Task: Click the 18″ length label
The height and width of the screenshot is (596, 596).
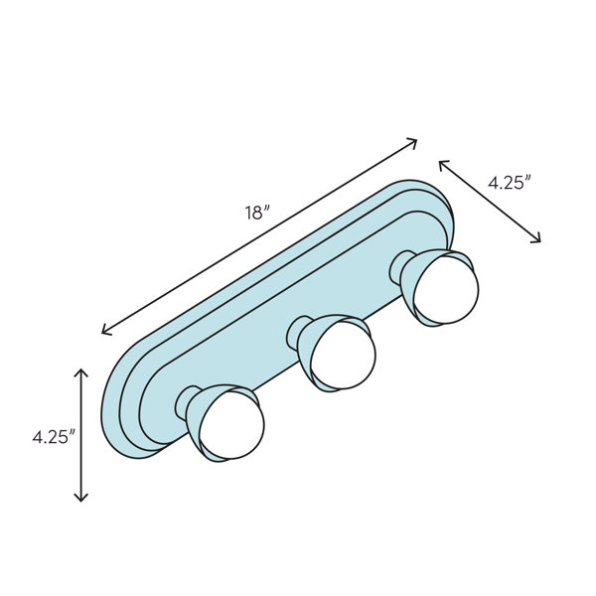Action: tap(257, 213)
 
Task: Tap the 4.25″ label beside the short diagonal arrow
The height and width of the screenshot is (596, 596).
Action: tap(510, 183)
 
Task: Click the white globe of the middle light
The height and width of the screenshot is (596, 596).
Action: tap(343, 355)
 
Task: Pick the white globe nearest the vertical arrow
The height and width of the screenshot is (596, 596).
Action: tap(231, 425)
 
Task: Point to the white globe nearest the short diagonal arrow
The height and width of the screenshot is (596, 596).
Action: tap(446, 290)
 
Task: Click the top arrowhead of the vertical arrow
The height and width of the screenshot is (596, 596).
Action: tap(81, 372)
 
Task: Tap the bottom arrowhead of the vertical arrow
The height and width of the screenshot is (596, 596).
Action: tap(81, 497)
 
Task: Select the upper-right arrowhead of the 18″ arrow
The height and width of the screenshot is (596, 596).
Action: tap(412, 143)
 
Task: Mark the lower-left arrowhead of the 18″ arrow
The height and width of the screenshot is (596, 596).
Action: tap(106, 330)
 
